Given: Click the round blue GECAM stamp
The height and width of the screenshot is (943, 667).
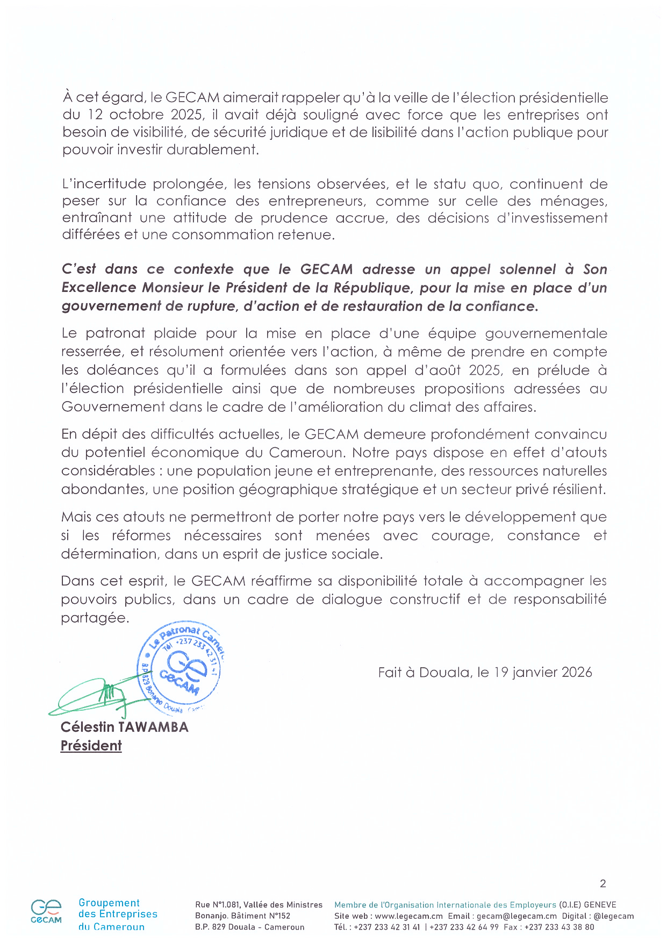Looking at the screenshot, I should coord(182,670).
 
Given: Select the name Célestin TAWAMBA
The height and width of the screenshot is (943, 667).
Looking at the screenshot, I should coord(124,727).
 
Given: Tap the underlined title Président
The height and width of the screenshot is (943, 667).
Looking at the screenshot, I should coord(91,746).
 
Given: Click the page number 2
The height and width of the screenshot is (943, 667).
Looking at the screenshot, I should coord(603,883).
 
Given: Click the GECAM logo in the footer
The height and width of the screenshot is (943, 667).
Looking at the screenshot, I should coord(46,912).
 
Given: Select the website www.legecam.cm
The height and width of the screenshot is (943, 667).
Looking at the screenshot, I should coord(408,916).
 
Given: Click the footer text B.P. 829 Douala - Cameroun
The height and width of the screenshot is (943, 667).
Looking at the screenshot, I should coord(249,927).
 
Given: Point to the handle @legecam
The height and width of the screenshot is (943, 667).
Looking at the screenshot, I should coord(614,916).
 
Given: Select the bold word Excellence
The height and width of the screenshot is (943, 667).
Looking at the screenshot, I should coord(99,288).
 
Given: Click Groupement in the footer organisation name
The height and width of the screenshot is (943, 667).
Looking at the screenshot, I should coord(109,903).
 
